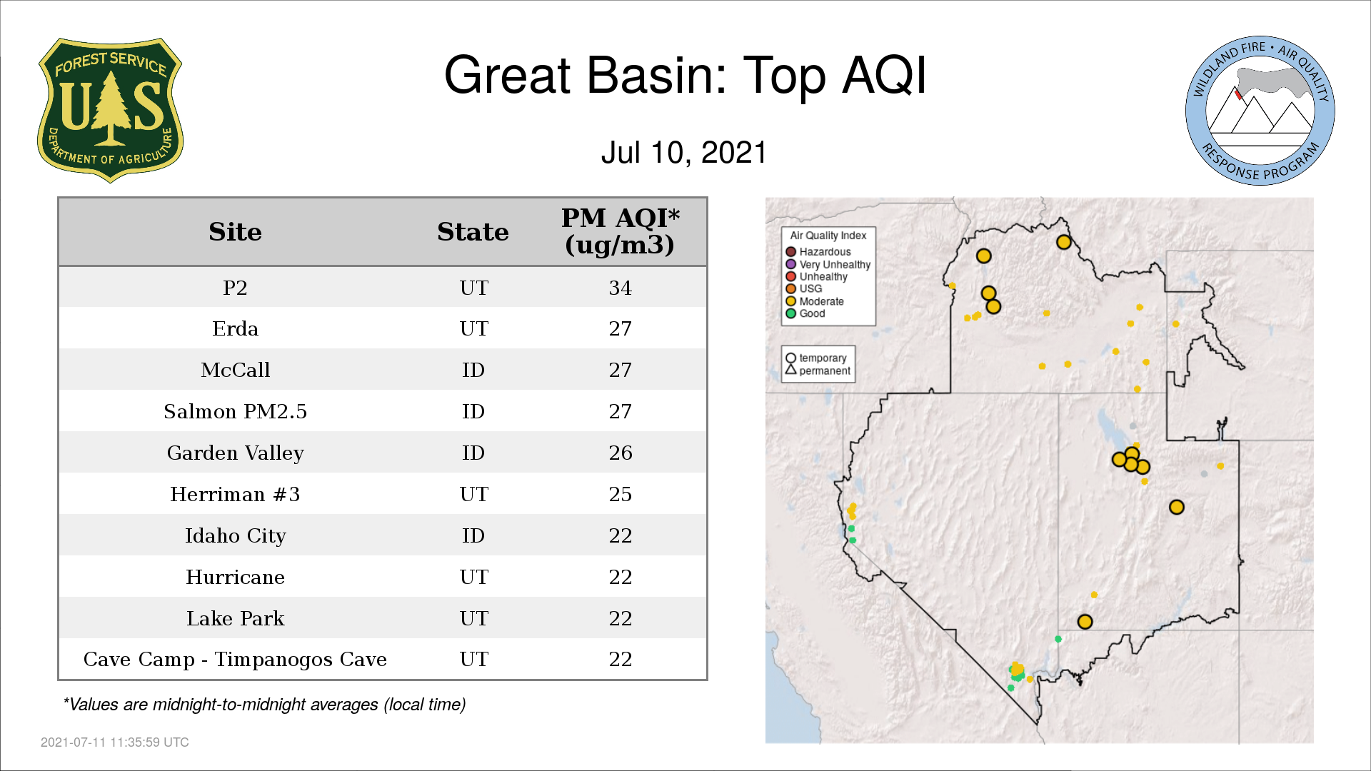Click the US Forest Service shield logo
110,111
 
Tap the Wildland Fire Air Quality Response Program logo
1260,111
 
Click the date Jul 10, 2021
684,153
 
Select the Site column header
235,232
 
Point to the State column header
473,232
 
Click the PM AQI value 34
620,288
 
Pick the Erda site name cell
235,328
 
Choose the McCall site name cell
235,370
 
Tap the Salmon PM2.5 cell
235,411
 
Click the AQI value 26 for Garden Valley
620,453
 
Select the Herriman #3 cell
235,494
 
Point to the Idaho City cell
235,535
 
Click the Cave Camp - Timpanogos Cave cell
235,659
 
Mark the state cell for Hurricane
473,577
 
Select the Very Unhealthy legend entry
828,264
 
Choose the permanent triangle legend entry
818,371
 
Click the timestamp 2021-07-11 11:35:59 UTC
115,742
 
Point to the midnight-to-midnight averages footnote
264,705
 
